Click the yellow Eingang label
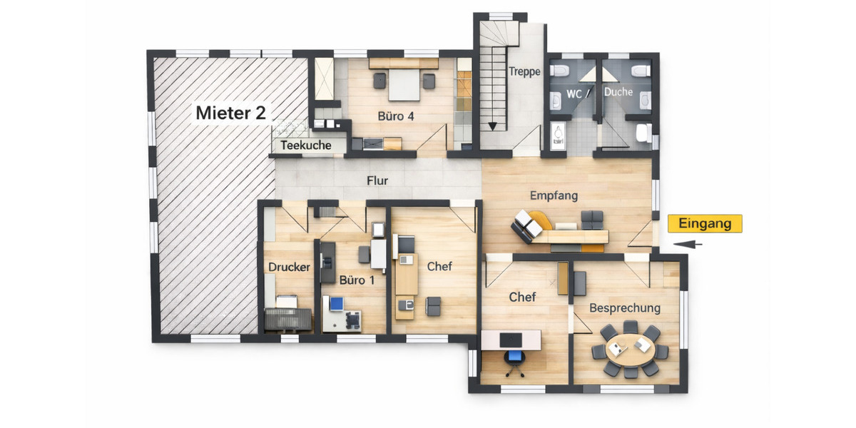(x=705, y=223)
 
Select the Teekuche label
(x=305, y=145)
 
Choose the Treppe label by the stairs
(x=525, y=71)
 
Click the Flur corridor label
(x=377, y=180)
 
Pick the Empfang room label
(x=554, y=195)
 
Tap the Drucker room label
(x=289, y=267)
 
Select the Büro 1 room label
(x=357, y=280)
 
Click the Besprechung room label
(x=625, y=308)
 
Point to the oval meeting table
(x=630, y=349)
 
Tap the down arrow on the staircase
(x=492, y=126)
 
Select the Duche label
(x=618, y=92)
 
